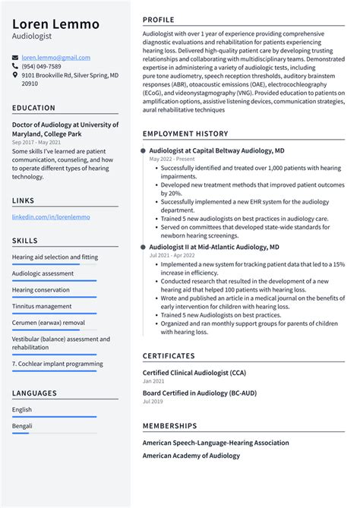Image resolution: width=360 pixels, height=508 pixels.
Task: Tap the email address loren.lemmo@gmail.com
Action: pyautogui.click(x=55, y=58)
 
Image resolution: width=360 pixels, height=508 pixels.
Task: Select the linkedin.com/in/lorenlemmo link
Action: pyautogui.click(x=51, y=217)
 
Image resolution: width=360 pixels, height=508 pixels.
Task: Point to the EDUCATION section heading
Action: pyautogui.click(x=33, y=109)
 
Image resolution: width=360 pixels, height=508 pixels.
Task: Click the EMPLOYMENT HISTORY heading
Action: pyautogui.click(x=186, y=134)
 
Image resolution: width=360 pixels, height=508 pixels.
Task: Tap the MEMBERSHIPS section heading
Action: pyautogui.click(x=169, y=426)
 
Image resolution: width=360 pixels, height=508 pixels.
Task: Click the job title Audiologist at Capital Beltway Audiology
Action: pyautogui.click(x=216, y=151)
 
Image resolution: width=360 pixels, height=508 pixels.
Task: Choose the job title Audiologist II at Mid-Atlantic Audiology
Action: pyautogui.click(x=213, y=247)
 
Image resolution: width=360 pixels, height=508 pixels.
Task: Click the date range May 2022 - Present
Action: pyautogui.click(x=171, y=159)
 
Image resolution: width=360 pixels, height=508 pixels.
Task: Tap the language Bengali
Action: pyautogui.click(x=22, y=426)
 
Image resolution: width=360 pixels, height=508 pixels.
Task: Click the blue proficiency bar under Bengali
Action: pyautogui.click(x=22, y=434)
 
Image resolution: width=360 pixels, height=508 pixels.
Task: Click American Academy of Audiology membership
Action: pyautogui.click(x=191, y=456)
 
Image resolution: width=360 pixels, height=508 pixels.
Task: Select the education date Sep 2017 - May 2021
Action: pyautogui.click(x=37, y=143)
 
